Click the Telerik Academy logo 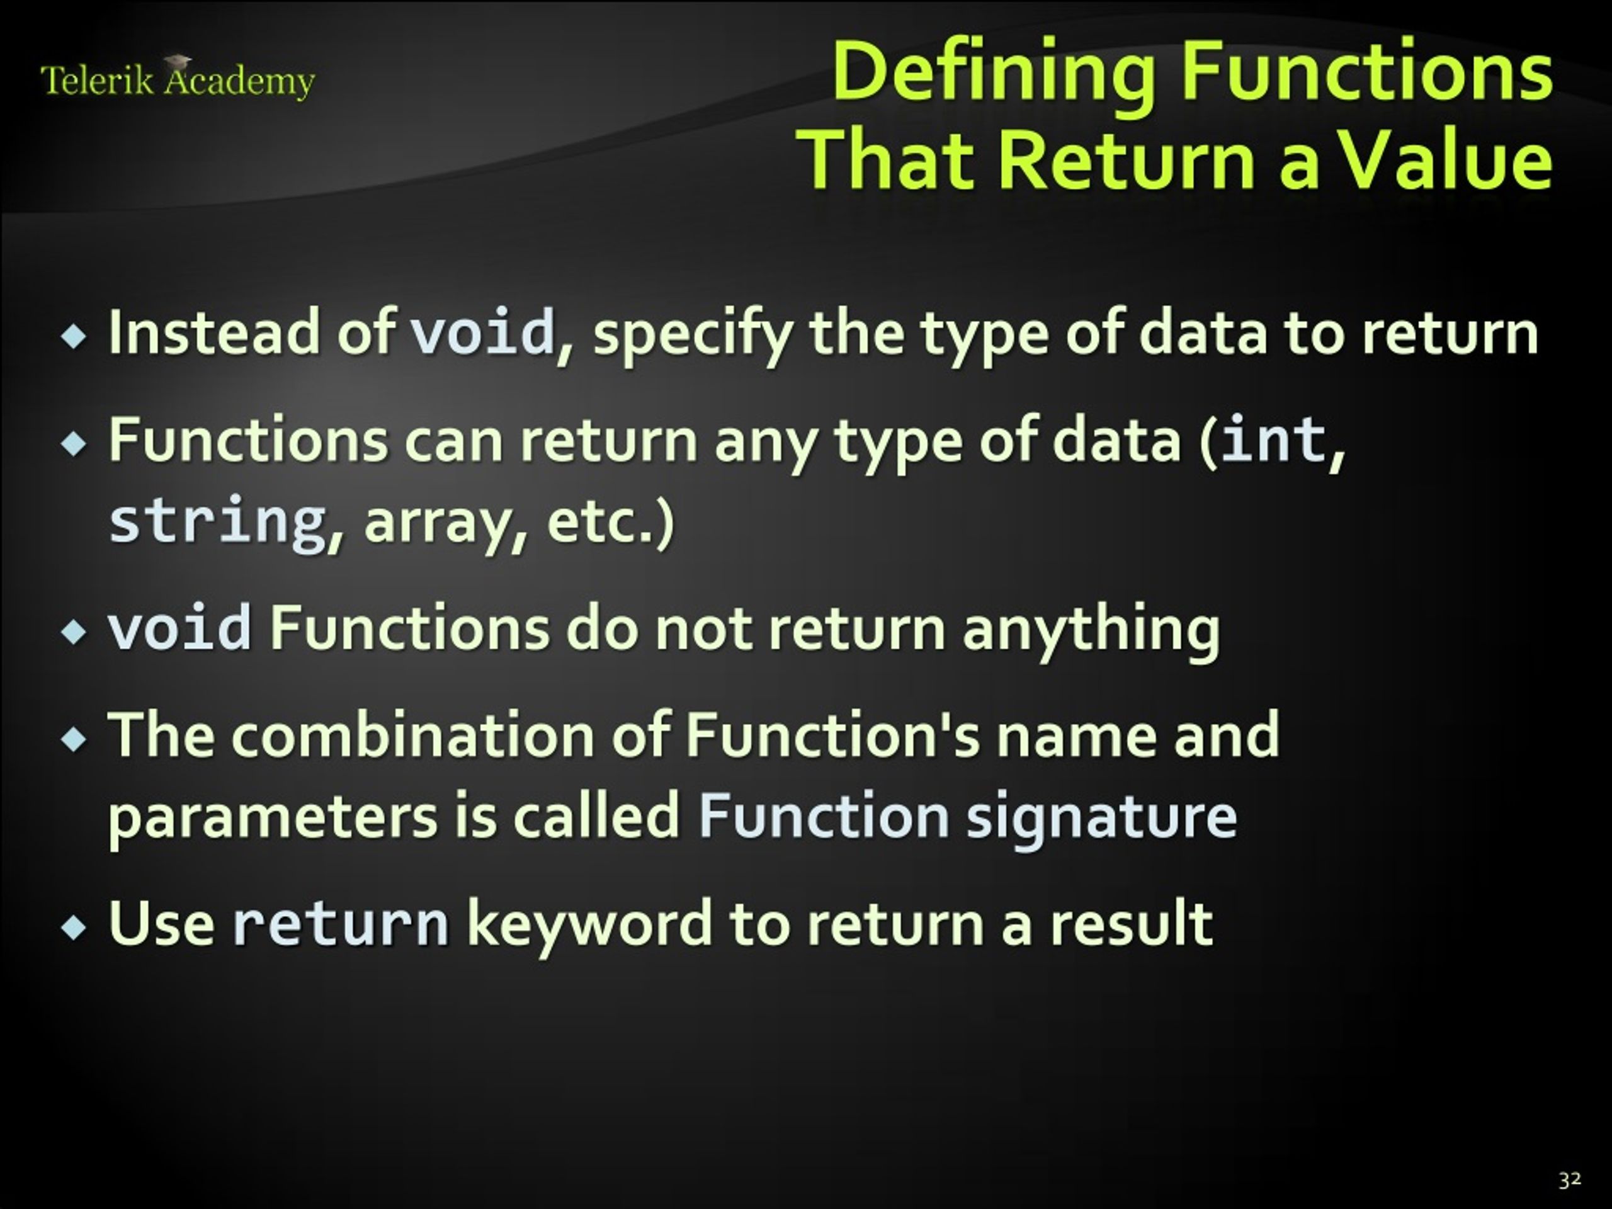pyautogui.click(x=177, y=79)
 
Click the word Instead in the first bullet pyautogui.click(x=213, y=332)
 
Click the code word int pyautogui.click(x=1272, y=440)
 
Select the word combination pyautogui.click(x=412, y=735)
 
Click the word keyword pyautogui.click(x=589, y=924)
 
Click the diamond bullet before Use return pyautogui.click(x=74, y=928)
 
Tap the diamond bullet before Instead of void pyautogui.click(x=74, y=337)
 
